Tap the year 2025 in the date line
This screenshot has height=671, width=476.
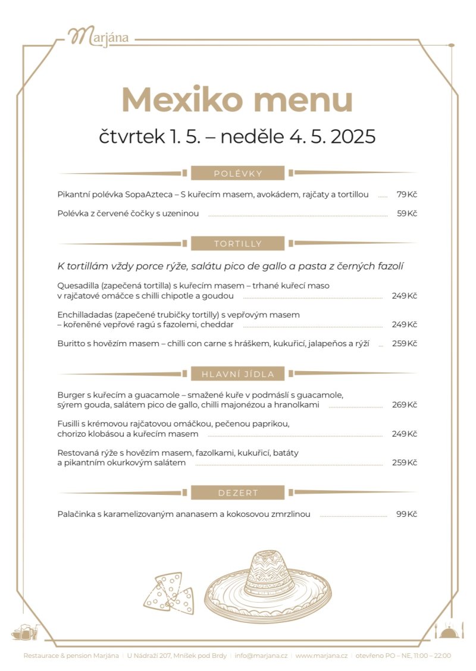click(353, 137)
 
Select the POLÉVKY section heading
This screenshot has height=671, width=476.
click(238, 174)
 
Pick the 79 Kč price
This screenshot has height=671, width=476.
click(407, 195)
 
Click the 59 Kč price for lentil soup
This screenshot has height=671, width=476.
click(407, 214)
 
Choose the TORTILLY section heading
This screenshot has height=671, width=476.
click(238, 244)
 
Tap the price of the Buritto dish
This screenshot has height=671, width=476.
click(405, 343)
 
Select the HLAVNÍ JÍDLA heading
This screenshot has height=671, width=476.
click(238, 374)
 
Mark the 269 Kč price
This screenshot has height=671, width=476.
click(405, 405)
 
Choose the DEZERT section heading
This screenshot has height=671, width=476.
click(238, 493)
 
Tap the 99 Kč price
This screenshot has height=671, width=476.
click(407, 514)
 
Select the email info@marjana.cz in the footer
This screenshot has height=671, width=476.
click(261, 656)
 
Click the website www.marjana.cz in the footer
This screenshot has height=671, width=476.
click(321, 656)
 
